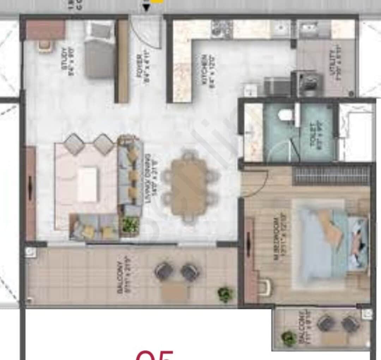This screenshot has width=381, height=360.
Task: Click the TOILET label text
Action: (315, 131)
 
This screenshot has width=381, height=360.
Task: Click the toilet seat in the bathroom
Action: (285, 115)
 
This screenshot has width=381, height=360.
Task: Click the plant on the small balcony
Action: (289, 337)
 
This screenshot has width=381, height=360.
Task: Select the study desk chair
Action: (44, 46)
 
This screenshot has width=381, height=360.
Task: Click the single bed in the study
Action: (99, 49)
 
